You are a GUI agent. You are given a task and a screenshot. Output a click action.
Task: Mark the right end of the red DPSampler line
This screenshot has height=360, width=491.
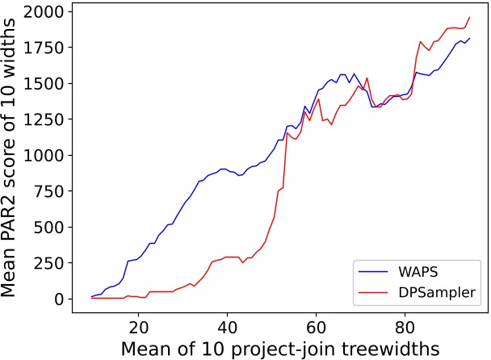coord(469,17)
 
